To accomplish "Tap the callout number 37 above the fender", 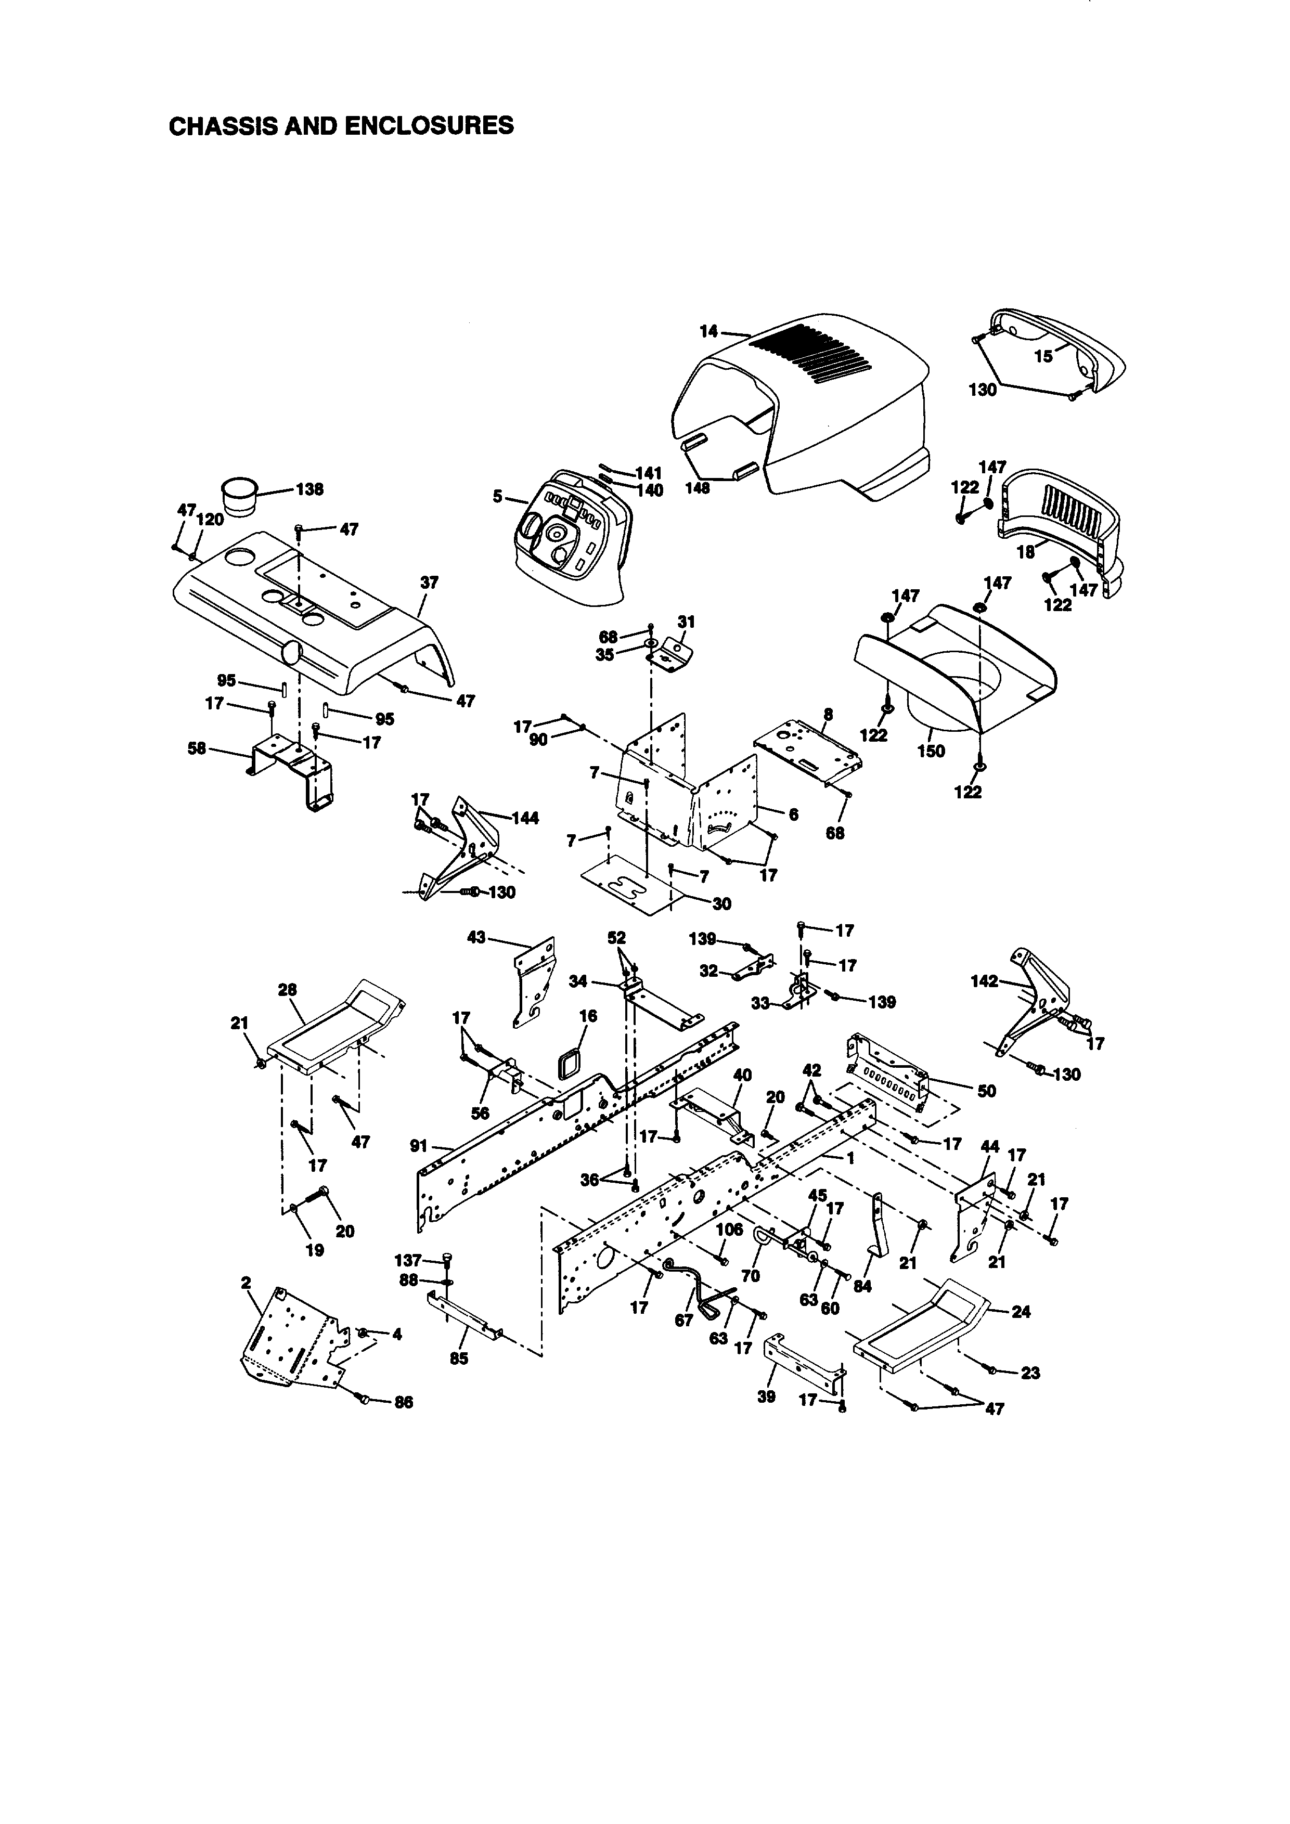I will click(x=429, y=583).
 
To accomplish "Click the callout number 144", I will click(x=525, y=818).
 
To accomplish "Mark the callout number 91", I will click(x=419, y=1146).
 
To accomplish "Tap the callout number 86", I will click(x=404, y=1402).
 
